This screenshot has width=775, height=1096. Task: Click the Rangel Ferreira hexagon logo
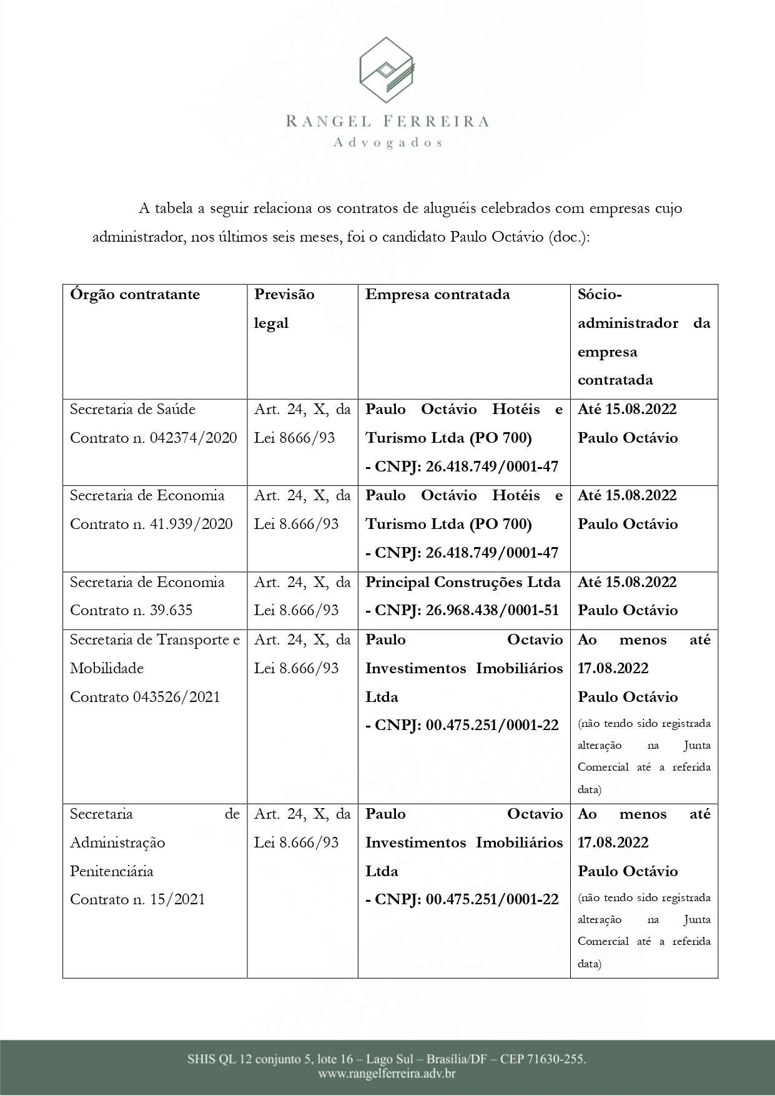point(387,70)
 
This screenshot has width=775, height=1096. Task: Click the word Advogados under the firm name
point(387,142)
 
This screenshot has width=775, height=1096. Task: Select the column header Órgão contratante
point(135,294)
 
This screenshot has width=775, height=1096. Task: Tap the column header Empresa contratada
point(437,294)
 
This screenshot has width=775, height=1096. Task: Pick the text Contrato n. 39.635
point(131,610)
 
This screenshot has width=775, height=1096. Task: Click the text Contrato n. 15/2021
point(137,899)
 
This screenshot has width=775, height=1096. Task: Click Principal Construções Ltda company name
point(463,582)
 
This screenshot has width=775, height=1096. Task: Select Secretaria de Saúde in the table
point(132,409)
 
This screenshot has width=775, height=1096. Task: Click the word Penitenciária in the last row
point(111,871)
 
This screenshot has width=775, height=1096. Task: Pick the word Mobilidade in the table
point(107,668)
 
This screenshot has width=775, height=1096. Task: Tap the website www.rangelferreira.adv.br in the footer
point(387,1074)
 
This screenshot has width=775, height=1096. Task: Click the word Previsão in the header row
point(284,294)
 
